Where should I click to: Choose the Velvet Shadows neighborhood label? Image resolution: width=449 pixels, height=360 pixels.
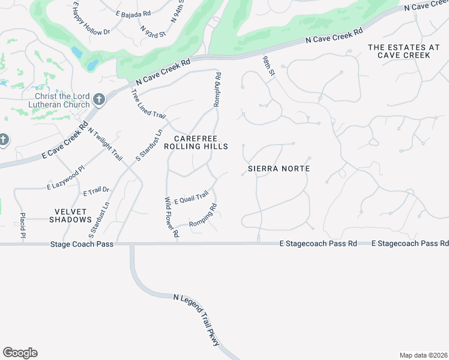tap(71, 215)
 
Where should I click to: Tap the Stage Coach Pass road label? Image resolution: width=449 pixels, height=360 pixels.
tap(65, 244)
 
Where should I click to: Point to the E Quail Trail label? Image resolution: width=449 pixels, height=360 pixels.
tap(191, 196)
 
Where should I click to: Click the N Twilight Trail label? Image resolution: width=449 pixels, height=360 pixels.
tap(105, 144)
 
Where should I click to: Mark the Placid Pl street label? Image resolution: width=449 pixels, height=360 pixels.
tap(22, 225)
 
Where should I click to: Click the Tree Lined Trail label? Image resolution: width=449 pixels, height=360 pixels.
tap(147, 103)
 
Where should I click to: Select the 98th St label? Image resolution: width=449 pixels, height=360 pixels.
tap(268, 66)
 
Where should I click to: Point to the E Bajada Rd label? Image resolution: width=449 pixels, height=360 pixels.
tap(133, 13)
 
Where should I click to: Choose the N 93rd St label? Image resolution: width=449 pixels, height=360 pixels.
tap(152, 31)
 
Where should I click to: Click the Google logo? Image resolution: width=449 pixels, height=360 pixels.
tap(20, 353)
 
